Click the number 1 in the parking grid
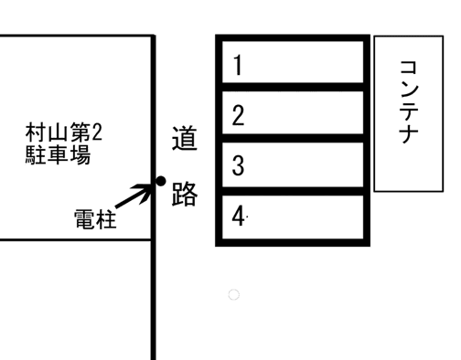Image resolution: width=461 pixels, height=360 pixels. (238, 66)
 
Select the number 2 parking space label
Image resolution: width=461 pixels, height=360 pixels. (238, 116)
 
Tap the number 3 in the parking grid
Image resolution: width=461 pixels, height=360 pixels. (238, 166)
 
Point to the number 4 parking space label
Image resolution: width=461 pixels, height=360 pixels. (238, 217)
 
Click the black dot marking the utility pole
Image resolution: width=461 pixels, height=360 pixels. (161, 181)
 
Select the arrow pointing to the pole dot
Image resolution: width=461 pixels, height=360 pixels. (135, 194)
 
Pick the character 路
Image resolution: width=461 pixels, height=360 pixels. (185, 195)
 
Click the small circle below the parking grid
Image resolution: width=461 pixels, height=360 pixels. (233, 294)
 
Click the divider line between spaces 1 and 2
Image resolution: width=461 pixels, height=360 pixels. (293, 89)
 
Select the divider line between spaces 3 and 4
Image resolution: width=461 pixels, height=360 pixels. (293, 191)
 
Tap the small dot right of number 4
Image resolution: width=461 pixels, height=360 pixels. (249, 217)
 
